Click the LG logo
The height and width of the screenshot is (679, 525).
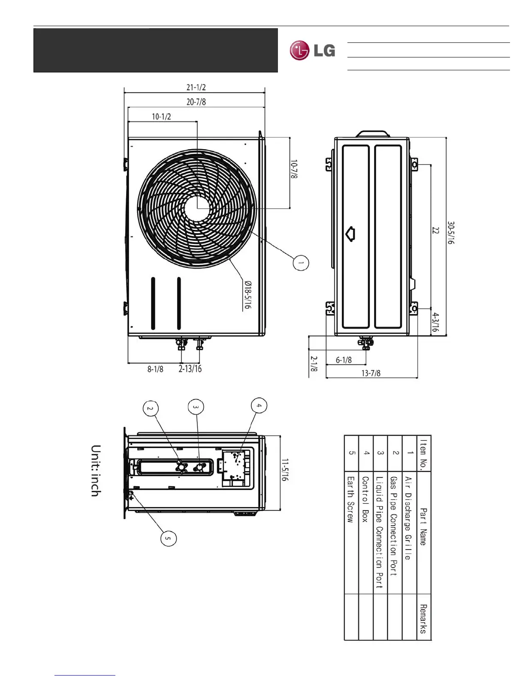pos(312,51)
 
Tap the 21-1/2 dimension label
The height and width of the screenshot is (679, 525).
pos(196,87)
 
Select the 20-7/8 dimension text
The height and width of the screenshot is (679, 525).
pos(196,102)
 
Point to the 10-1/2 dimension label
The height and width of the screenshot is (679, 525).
pos(161,117)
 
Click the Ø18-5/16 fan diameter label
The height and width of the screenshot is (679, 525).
pos(247,295)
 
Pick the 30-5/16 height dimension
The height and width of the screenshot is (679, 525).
pos(451,233)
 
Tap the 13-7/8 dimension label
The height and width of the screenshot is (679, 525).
pos(371,373)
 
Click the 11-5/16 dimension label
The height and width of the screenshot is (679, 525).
pos(285,470)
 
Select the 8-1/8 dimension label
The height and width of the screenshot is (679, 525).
pos(155,369)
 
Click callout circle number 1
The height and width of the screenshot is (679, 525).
pos(301,263)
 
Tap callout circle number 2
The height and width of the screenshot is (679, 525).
pos(150,409)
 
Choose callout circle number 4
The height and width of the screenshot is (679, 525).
pos(259,406)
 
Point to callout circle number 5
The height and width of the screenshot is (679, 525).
pos(169,538)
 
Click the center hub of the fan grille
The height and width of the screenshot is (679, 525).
pos(197,209)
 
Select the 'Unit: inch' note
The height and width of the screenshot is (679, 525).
pos(96,471)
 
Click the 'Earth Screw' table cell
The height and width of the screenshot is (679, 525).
pos(351,499)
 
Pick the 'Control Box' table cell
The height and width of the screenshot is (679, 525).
pos(365,499)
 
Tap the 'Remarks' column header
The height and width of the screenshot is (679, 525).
pos(423,619)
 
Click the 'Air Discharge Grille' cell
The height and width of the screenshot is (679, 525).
pos(408,518)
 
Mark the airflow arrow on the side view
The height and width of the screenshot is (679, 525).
pos(351,234)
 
